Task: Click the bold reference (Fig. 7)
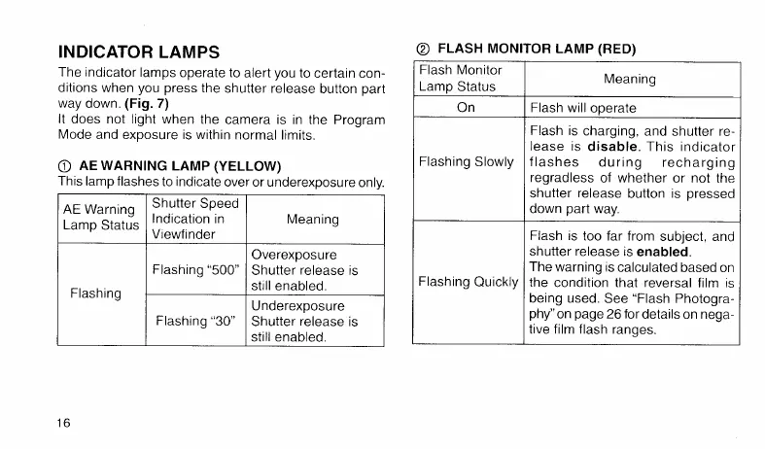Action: tap(149, 103)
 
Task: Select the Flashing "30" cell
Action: tap(197, 321)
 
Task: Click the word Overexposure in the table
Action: tap(294, 254)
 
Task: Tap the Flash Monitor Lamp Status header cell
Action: tap(460, 78)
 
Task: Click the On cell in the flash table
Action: tap(466, 107)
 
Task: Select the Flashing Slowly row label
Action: tap(466, 160)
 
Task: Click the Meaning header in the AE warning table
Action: tap(313, 220)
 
